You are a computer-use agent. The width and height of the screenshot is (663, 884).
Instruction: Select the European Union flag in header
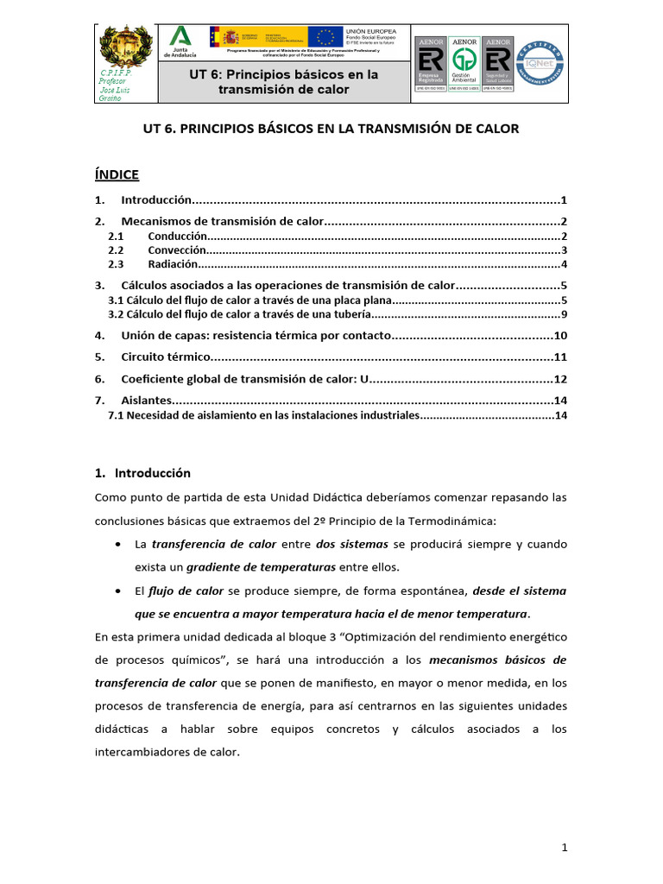pyautogui.click(x=325, y=37)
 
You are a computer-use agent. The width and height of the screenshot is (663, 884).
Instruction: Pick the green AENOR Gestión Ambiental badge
pyautogui.click(x=465, y=64)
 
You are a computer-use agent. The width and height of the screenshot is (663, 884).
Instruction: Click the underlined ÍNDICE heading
pyautogui.click(x=117, y=174)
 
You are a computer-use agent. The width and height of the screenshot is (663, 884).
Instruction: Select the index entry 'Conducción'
pyautogui.click(x=177, y=236)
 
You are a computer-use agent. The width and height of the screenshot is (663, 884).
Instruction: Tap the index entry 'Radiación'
pyautogui.click(x=174, y=264)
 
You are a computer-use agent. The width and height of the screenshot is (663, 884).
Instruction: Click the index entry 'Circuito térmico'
pyautogui.click(x=165, y=357)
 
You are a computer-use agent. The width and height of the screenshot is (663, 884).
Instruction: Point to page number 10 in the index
pyautogui.click(x=559, y=335)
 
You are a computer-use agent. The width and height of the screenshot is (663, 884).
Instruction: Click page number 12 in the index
pyautogui.click(x=559, y=379)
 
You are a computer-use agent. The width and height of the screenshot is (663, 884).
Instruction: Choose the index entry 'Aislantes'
pyautogui.click(x=146, y=401)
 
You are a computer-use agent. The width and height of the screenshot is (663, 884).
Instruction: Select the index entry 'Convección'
pyautogui.click(x=177, y=250)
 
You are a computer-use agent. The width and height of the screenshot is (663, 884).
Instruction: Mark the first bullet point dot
pyautogui.click(x=117, y=546)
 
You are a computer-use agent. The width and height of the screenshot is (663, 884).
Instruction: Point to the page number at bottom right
pyautogui.click(x=564, y=848)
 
